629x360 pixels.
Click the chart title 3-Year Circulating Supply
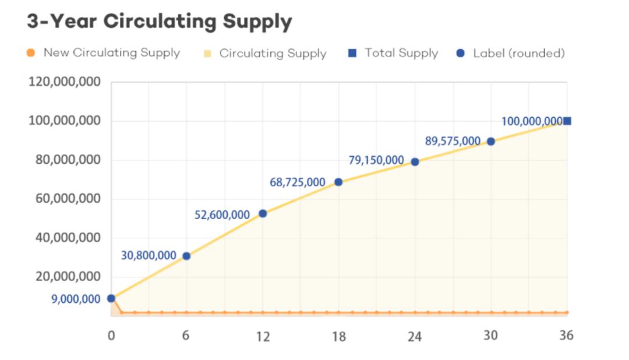pyautogui.click(x=159, y=22)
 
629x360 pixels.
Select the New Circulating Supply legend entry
pyautogui.click(x=111, y=53)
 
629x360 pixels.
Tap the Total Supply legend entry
pyautogui.click(x=401, y=53)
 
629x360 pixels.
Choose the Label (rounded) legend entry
pyautogui.click(x=518, y=53)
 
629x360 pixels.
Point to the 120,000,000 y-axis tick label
pyautogui.click(x=64, y=82)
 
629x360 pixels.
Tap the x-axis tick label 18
pyautogui.click(x=338, y=336)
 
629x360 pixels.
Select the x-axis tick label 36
pyautogui.click(x=566, y=336)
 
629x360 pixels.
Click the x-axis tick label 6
pyautogui.click(x=186, y=336)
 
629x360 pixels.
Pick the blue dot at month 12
pyautogui.click(x=263, y=214)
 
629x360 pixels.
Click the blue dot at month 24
pyautogui.click(x=415, y=162)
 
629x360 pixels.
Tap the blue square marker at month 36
pyautogui.click(x=567, y=121)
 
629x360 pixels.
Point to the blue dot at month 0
pyautogui.click(x=111, y=298)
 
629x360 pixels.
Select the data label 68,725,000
pyautogui.click(x=297, y=182)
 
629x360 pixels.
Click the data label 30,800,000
pyautogui.click(x=148, y=255)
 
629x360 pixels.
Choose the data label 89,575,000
pyautogui.click(x=453, y=141)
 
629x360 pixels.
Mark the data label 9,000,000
pyautogui.click(x=75, y=299)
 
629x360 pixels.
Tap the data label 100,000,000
pyautogui.click(x=531, y=122)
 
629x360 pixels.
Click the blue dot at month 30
pyautogui.click(x=491, y=141)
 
